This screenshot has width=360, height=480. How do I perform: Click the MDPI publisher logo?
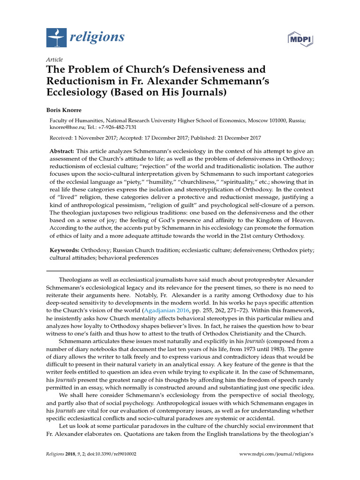[300, 37]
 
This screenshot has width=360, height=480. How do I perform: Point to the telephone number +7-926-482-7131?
[124, 127]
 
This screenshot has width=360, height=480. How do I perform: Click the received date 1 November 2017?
[97, 138]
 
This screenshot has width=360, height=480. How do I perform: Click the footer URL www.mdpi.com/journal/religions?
[277, 454]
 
